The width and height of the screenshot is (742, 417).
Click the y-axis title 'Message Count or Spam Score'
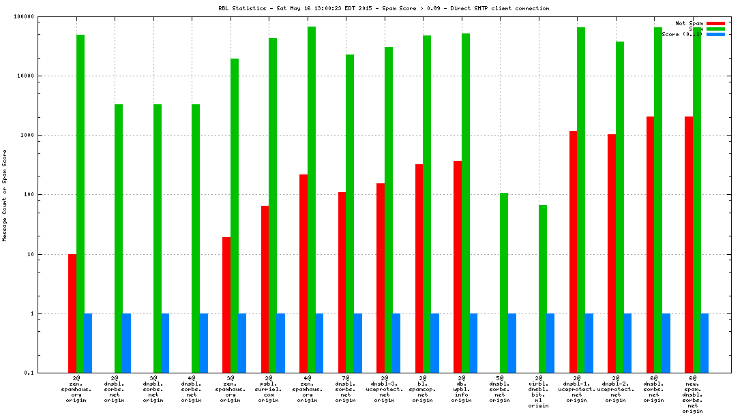[5, 195]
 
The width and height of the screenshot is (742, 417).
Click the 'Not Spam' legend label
[689, 23]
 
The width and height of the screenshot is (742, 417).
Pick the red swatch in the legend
[715, 23]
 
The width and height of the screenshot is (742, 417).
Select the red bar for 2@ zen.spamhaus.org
[72, 313]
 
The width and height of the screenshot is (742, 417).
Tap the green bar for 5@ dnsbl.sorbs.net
[504, 283]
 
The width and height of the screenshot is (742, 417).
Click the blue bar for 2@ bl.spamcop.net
[435, 343]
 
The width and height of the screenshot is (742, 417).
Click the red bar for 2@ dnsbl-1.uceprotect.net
[573, 251]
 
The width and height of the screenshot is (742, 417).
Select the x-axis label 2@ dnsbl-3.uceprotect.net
[385, 388]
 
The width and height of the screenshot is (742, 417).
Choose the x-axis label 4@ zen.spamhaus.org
[308, 388]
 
